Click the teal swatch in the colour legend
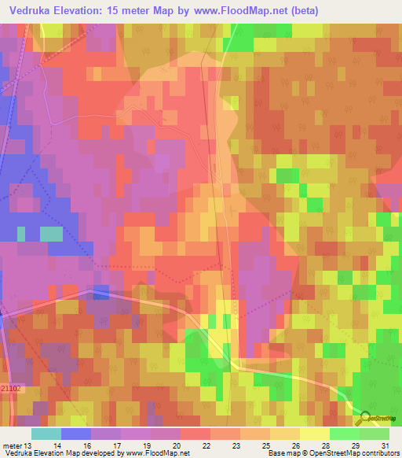[46, 434]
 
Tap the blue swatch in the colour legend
[76, 434]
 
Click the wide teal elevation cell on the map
[51, 234]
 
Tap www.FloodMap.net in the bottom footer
[150, 452]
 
